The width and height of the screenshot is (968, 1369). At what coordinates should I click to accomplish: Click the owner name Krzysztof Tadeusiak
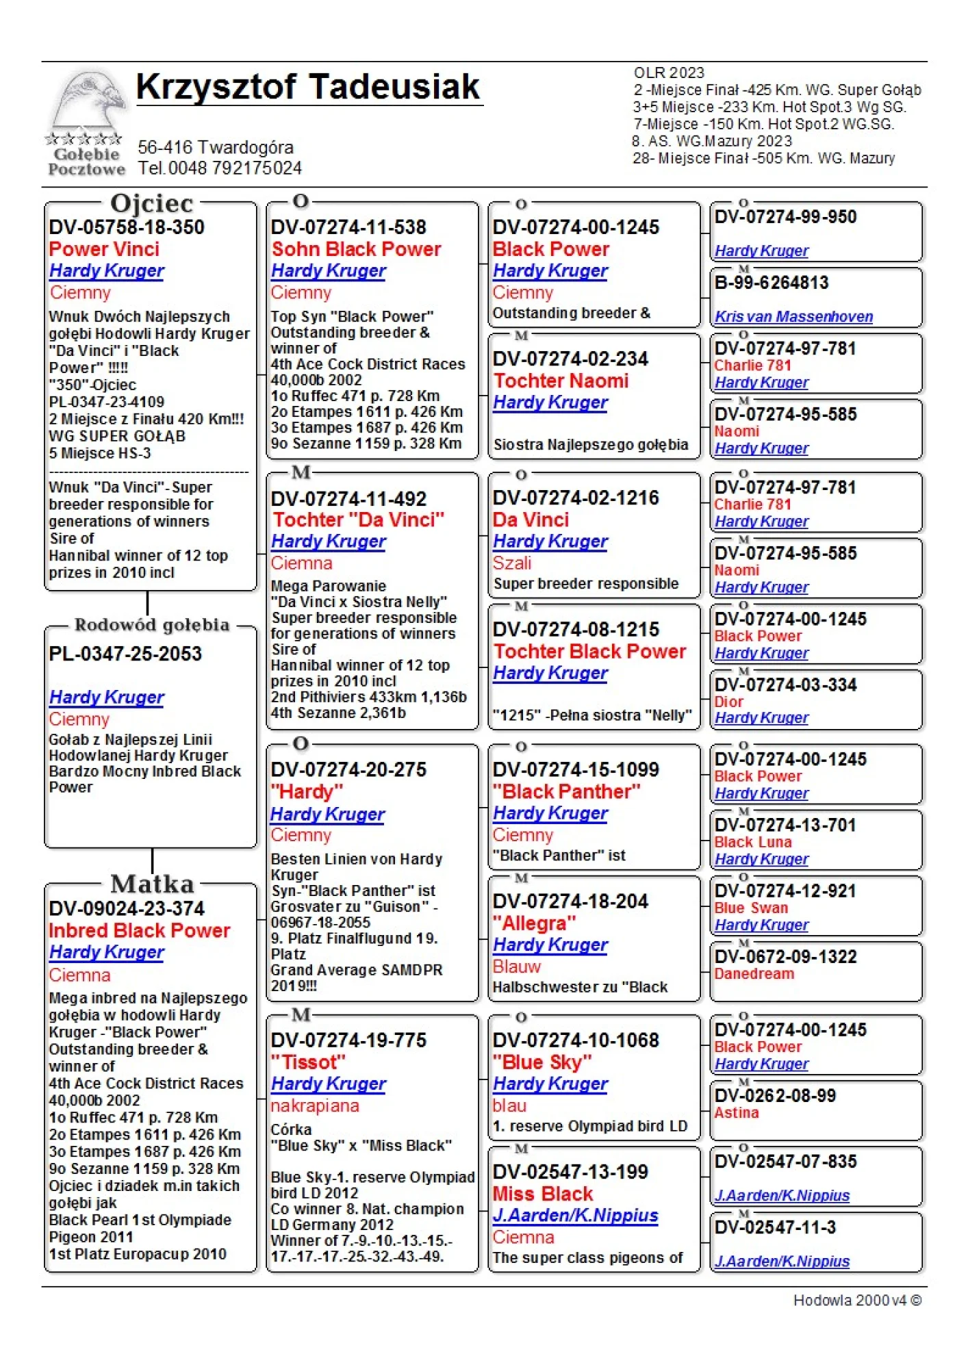[x=308, y=87]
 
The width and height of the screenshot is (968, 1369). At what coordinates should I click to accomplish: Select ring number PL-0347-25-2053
[x=125, y=654]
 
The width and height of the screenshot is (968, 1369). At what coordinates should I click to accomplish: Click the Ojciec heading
[x=151, y=203]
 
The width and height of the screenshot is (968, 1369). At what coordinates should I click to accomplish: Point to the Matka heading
[x=152, y=884]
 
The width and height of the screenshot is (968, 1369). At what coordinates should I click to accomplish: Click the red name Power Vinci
[x=104, y=249]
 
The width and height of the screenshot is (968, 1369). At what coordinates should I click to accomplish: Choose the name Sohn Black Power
[x=356, y=249]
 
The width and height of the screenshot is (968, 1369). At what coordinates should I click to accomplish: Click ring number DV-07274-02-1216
[x=576, y=498]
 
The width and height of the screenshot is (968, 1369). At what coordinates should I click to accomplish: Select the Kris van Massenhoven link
[x=793, y=317]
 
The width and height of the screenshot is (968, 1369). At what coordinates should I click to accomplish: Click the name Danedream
[x=754, y=974]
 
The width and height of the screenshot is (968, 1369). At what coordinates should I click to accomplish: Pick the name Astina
[x=737, y=1113]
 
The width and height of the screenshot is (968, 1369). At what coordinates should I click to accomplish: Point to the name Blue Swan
[x=751, y=908]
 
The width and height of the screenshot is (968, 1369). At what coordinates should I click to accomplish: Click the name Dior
[x=728, y=702]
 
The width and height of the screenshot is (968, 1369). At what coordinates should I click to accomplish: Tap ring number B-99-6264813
[x=772, y=283]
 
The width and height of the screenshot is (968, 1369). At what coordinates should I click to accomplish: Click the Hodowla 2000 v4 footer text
[x=857, y=1301]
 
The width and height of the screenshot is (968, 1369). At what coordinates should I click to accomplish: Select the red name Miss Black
[x=543, y=1194]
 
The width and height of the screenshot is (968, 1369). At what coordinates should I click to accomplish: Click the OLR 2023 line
[x=669, y=73]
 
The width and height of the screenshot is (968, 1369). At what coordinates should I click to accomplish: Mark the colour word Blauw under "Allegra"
[x=517, y=967]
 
